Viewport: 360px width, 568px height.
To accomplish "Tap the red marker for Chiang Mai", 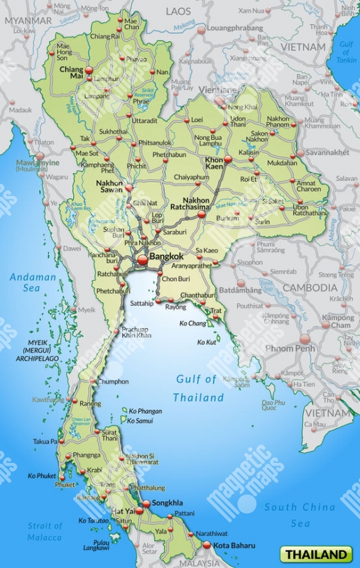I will pos(90,70).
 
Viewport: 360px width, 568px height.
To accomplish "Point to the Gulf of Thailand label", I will pos(198,388).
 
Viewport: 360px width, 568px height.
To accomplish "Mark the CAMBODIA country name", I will pos(310,288).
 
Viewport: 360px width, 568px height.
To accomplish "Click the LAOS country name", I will pos(179,12).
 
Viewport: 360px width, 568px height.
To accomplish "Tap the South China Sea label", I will pos(300,515).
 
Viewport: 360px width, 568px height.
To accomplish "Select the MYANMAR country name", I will pos(28,21).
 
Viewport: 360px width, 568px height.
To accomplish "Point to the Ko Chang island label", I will pos(192,323).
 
